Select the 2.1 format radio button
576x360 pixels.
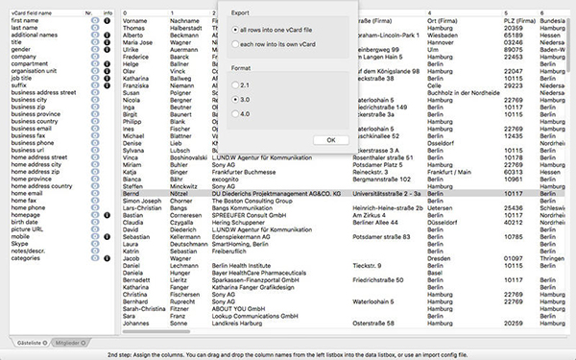tap(234, 84)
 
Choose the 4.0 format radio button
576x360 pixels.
tap(234, 116)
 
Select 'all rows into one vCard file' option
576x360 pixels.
tap(234, 31)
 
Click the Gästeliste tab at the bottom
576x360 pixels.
tap(30, 342)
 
